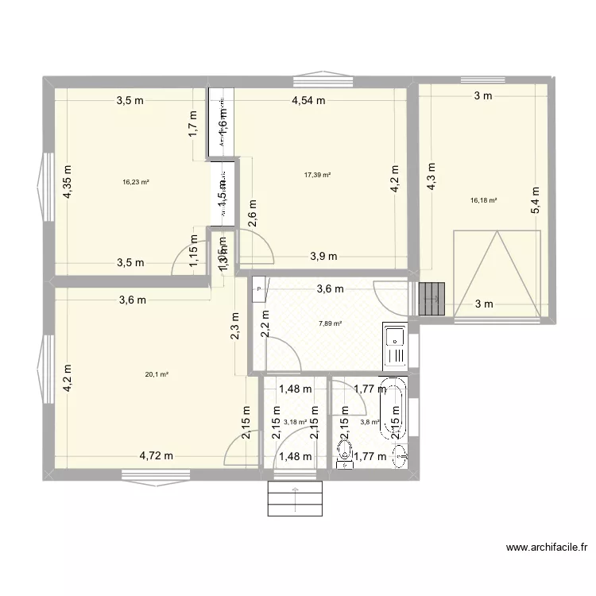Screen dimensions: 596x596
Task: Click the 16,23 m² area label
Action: pyautogui.click(x=136, y=182)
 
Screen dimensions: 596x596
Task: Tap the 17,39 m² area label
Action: pyautogui.click(x=318, y=176)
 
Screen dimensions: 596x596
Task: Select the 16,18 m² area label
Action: pyautogui.click(x=483, y=201)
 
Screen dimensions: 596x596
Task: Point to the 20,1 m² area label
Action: pyautogui.click(x=157, y=374)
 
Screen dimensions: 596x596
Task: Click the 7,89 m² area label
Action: pyautogui.click(x=330, y=323)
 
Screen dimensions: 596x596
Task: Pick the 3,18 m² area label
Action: pyautogui.click(x=295, y=422)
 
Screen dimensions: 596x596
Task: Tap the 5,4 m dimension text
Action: pyautogui.click(x=536, y=200)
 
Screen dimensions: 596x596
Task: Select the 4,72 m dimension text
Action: pyautogui.click(x=156, y=455)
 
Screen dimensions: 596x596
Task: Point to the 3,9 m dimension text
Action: pyautogui.click(x=323, y=256)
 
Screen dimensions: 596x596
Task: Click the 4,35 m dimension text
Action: pyautogui.click(x=68, y=181)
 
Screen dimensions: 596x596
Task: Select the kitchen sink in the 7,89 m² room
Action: pyautogui.click(x=394, y=345)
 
